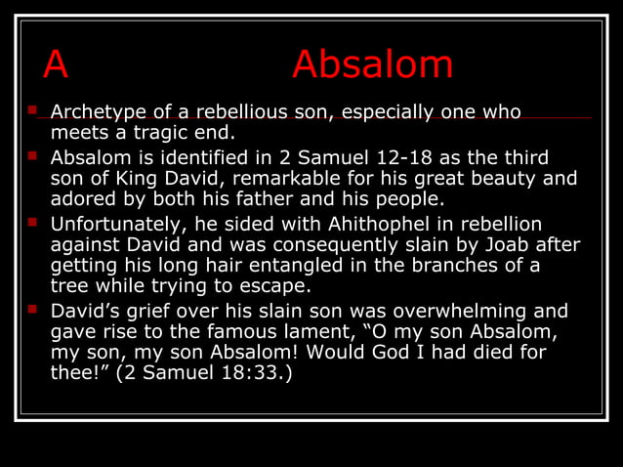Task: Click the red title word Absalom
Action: (372, 65)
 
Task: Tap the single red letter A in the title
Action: (56, 65)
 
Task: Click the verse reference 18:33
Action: (254, 372)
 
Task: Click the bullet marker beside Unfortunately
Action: (33, 220)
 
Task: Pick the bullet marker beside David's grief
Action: (33, 309)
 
